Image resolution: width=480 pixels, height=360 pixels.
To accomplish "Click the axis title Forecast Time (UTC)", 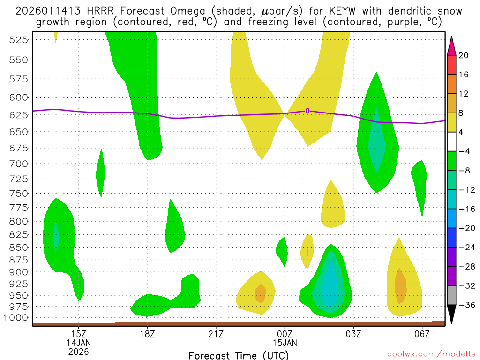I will click(x=239, y=355).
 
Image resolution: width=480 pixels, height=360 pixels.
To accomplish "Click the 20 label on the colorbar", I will click(x=464, y=55).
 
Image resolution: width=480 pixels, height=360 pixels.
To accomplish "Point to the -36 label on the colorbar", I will click(x=466, y=305).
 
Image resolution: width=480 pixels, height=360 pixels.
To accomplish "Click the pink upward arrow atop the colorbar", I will click(x=452, y=45).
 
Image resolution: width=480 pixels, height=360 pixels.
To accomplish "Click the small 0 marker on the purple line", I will click(x=307, y=111).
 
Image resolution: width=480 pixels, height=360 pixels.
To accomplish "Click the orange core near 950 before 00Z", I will click(x=260, y=293).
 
